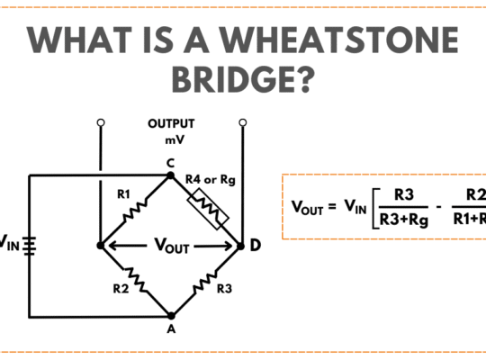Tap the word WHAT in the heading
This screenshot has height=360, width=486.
(x=83, y=40)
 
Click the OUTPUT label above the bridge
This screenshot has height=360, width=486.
(x=171, y=123)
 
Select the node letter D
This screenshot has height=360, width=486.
(x=256, y=245)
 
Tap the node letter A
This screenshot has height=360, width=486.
(x=171, y=328)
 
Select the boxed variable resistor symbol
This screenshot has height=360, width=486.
(x=207, y=208)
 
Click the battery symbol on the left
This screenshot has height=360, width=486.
(x=29, y=244)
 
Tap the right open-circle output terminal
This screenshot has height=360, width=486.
(x=242, y=121)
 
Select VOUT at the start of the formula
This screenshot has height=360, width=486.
(x=308, y=207)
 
